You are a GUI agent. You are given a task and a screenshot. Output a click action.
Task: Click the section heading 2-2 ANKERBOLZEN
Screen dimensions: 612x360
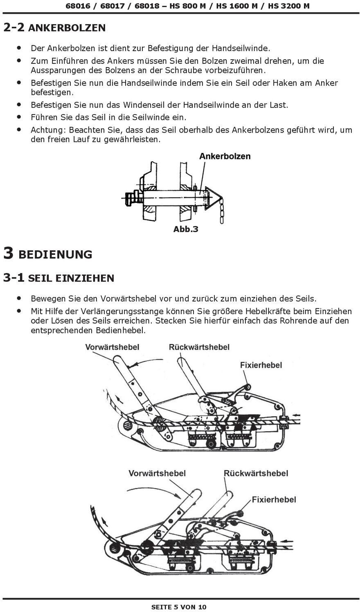coord(54,27)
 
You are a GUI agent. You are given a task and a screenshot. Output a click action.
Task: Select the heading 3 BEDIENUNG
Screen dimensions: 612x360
coord(47,254)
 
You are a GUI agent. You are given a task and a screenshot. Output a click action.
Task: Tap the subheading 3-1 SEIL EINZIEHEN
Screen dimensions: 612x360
coord(59,278)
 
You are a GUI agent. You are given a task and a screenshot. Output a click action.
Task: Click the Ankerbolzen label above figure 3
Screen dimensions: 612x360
coord(225,156)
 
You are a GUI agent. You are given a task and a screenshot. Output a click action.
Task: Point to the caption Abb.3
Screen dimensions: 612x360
coord(186,229)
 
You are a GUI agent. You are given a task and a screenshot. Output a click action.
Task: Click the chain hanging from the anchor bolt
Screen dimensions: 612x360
coord(221,211)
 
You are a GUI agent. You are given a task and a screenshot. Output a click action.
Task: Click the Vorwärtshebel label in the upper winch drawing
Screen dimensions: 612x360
coord(112,347)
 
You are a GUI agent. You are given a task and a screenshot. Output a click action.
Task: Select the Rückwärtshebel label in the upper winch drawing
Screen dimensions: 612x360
coord(199,347)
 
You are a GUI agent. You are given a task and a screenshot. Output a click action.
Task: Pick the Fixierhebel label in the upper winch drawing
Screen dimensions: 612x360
coord(261,365)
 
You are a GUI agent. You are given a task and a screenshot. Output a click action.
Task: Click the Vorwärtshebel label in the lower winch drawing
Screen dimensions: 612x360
coord(157,473)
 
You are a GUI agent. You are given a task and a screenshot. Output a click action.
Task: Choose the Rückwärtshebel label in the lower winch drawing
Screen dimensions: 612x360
coord(256,473)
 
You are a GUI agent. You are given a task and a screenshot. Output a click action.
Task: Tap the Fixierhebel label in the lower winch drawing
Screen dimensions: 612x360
coord(274,500)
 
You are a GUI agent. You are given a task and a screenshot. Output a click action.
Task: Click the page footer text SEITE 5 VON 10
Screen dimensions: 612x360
coord(179,607)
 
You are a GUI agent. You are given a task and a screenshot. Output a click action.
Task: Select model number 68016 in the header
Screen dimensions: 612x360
coord(78,6)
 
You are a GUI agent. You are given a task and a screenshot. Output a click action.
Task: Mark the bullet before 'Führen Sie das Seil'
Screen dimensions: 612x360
coord(19,117)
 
